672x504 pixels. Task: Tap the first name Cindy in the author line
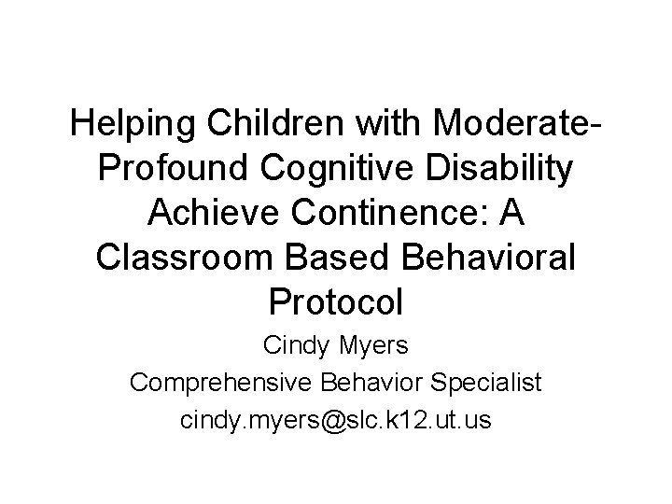click(x=294, y=347)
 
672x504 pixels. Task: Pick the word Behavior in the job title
click(x=373, y=384)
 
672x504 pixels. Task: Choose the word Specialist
click(x=485, y=384)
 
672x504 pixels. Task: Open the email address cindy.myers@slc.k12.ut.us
click(x=336, y=419)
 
